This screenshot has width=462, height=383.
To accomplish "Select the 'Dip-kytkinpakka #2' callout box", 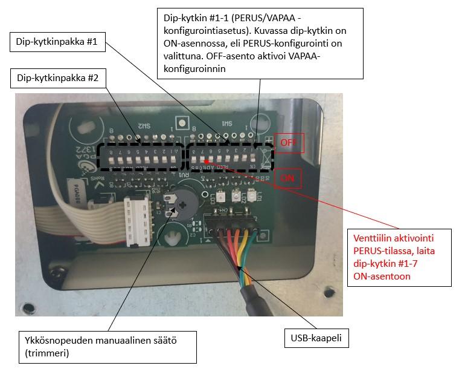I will pos(58,78).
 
